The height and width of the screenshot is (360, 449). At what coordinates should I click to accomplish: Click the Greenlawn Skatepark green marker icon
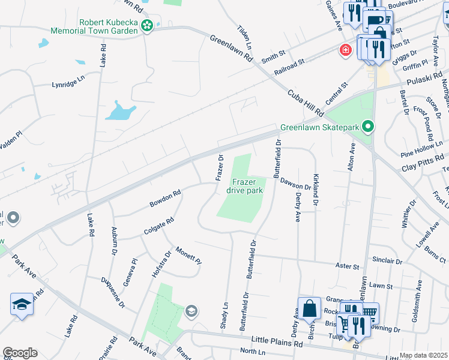tap(369, 127)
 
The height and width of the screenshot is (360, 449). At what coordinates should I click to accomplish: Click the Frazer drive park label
tap(244, 186)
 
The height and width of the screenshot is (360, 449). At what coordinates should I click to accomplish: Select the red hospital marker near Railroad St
tap(345, 50)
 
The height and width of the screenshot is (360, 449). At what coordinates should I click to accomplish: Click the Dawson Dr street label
tap(295, 183)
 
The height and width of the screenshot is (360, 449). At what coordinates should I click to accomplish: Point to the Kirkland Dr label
tap(316, 190)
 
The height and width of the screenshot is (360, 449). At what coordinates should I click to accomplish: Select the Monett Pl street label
tap(188, 256)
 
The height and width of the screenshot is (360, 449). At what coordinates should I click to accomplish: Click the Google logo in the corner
tap(20, 353)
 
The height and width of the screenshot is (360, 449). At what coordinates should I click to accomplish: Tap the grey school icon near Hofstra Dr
tap(191, 310)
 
